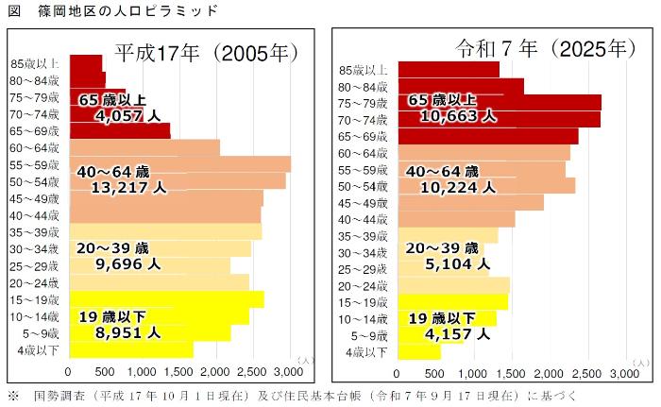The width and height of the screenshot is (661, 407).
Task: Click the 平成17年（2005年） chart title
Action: click(x=207, y=53)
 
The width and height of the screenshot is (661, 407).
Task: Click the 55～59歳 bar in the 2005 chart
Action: click(x=179, y=164)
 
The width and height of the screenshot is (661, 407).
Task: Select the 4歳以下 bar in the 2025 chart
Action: click(x=418, y=352)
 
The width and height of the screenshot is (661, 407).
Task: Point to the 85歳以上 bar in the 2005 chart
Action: click(x=86, y=62)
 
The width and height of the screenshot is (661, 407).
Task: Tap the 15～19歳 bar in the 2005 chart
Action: click(x=166, y=299)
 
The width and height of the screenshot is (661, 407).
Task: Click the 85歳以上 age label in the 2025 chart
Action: click(x=363, y=70)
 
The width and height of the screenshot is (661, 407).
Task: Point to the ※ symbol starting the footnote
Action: click(x=12, y=396)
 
